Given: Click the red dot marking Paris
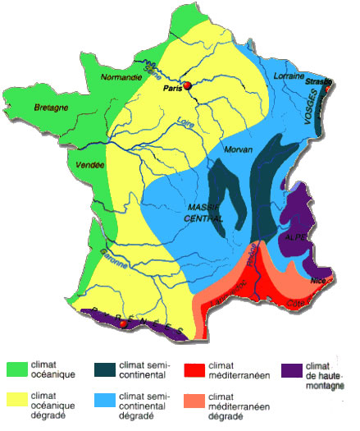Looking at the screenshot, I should tap(187, 85).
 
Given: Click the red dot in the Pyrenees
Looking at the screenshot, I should tap(124, 323).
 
